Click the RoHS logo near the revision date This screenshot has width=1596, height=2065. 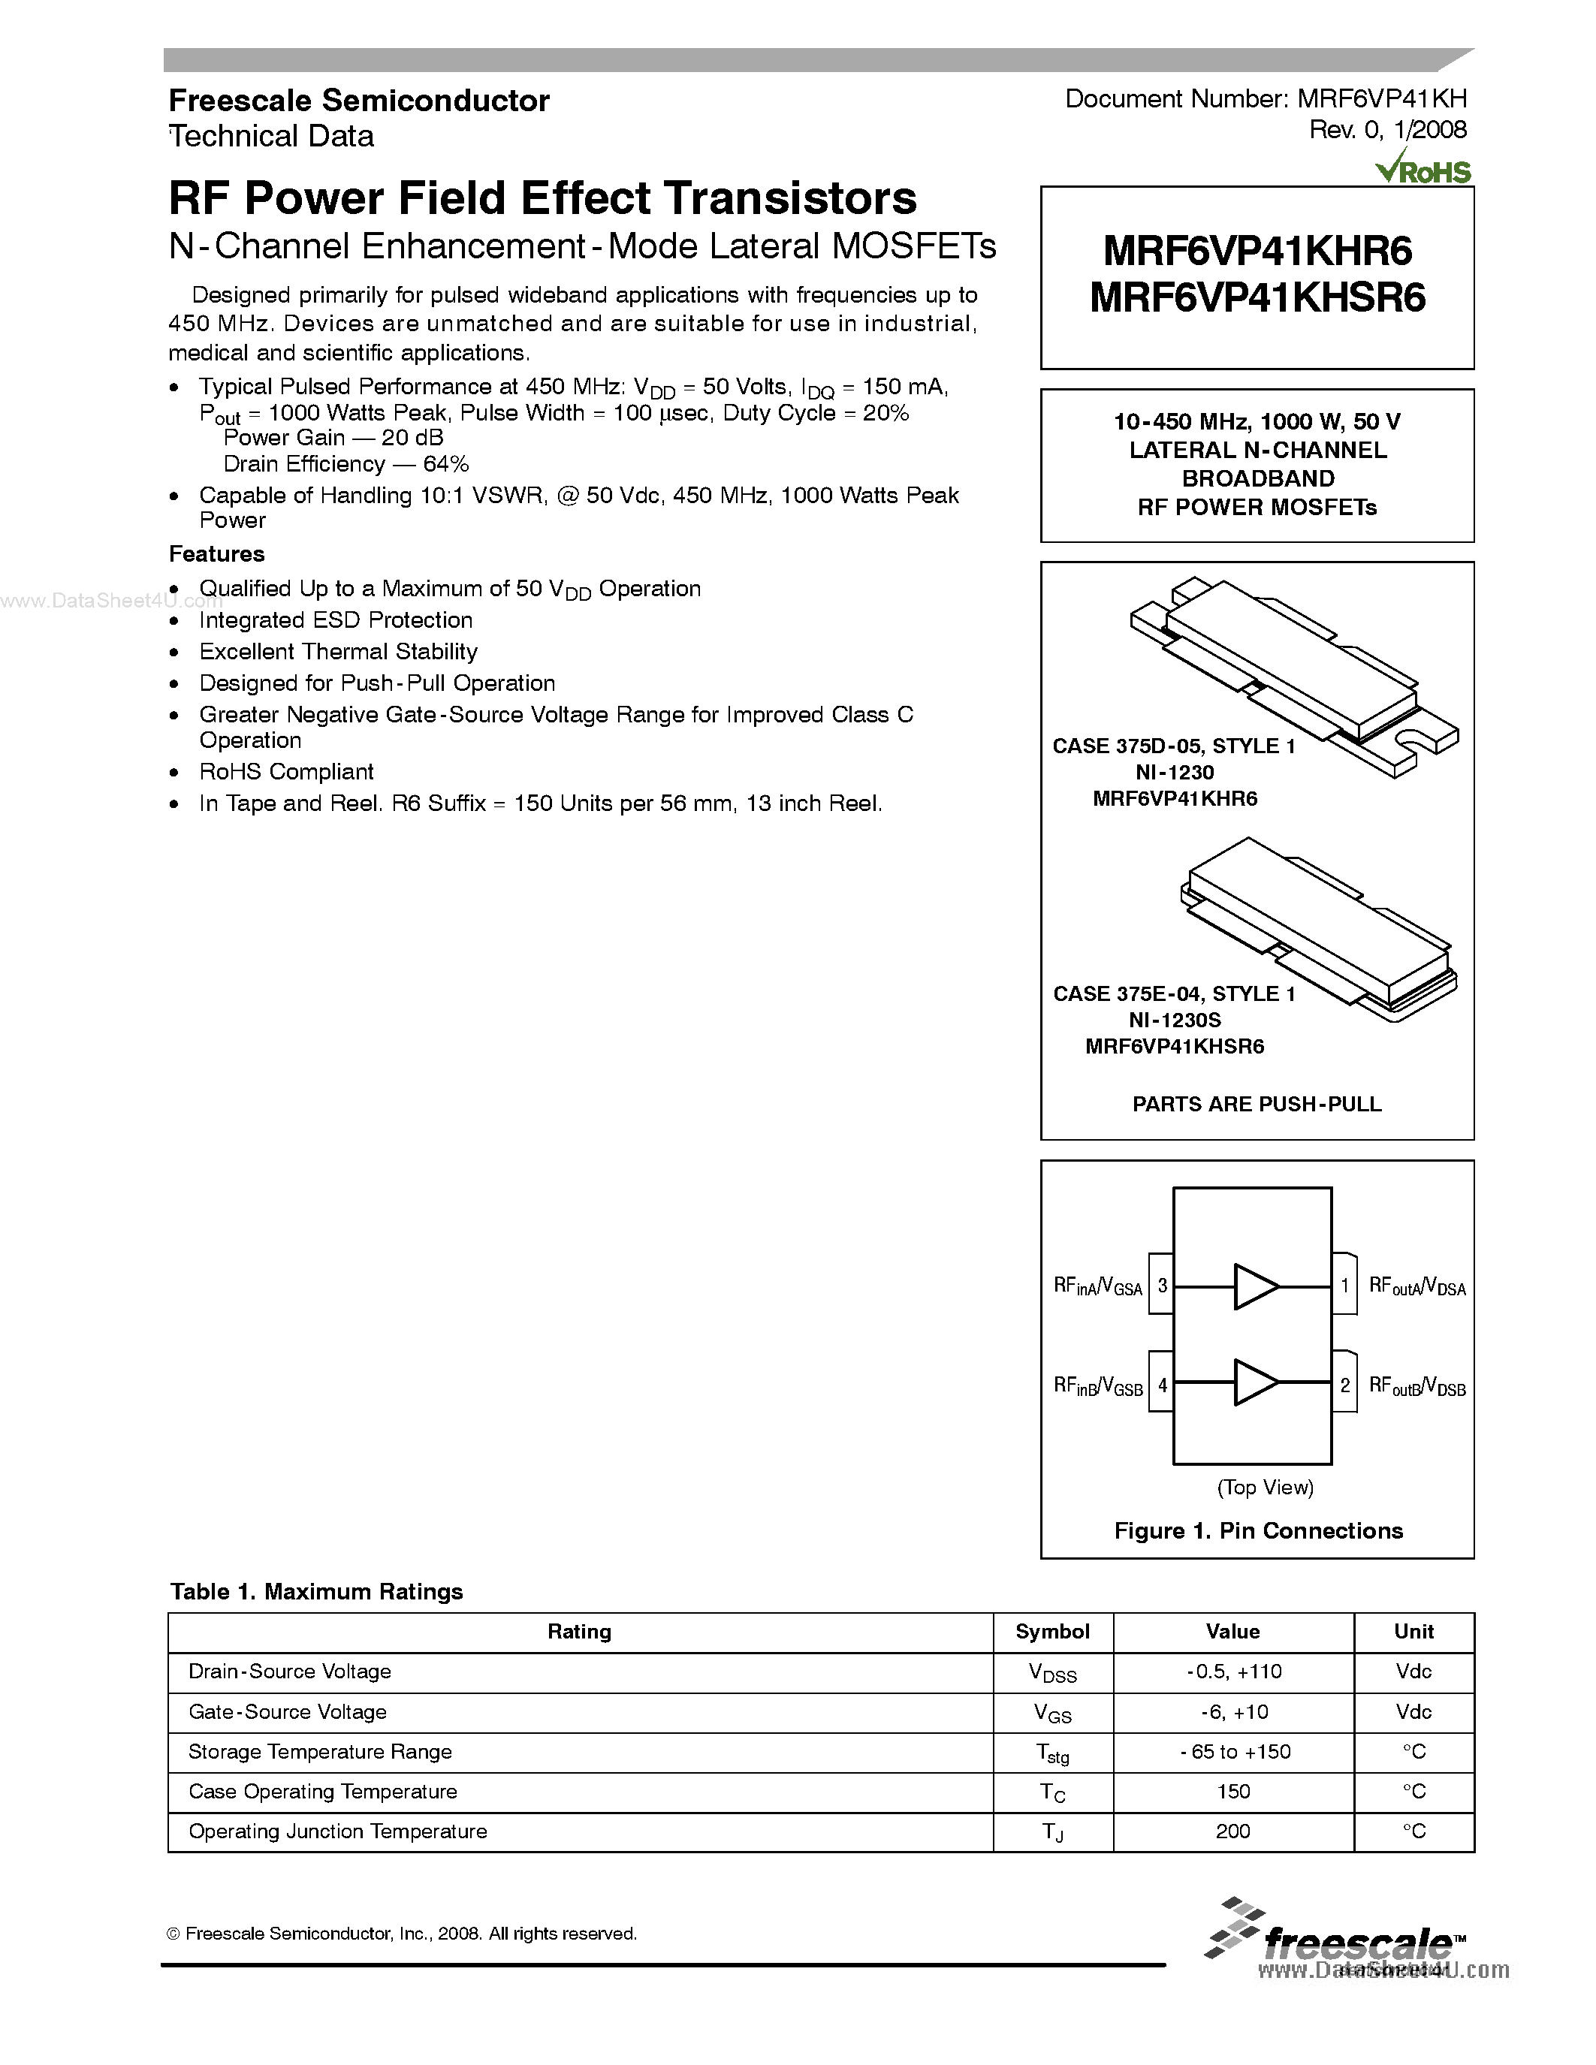click(x=1424, y=169)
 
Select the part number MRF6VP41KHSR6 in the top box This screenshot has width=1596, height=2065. click(x=1257, y=299)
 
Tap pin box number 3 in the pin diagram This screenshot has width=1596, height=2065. click(x=1162, y=1286)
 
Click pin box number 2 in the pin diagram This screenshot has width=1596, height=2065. click(x=1344, y=1386)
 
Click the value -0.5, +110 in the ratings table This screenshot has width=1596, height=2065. click(x=1233, y=1671)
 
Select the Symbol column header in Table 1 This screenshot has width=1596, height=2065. click(x=1052, y=1631)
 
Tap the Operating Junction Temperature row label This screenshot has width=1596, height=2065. click(x=337, y=1831)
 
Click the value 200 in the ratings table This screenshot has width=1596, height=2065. click(x=1233, y=1831)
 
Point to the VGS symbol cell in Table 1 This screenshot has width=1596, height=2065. click(x=1052, y=1712)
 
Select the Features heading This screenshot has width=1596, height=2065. click(x=216, y=554)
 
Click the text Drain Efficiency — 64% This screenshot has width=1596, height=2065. click(x=346, y=464)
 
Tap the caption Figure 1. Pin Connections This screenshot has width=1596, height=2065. click(x=1257, y=1531)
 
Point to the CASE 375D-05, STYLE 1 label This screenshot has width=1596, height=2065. click(x=1173, y=746)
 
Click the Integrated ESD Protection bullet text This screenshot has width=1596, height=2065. click(x=336, y=620)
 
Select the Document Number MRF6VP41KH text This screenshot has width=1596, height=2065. click(x=1265, y=99)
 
